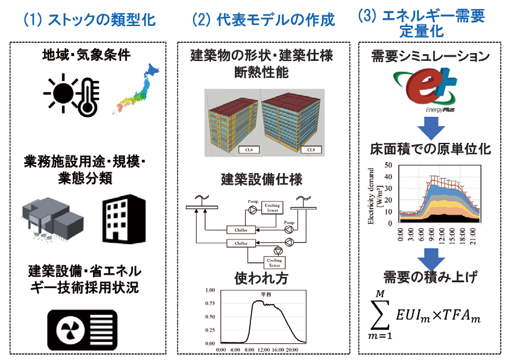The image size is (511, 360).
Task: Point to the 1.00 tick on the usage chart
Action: (x=211, y=290)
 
